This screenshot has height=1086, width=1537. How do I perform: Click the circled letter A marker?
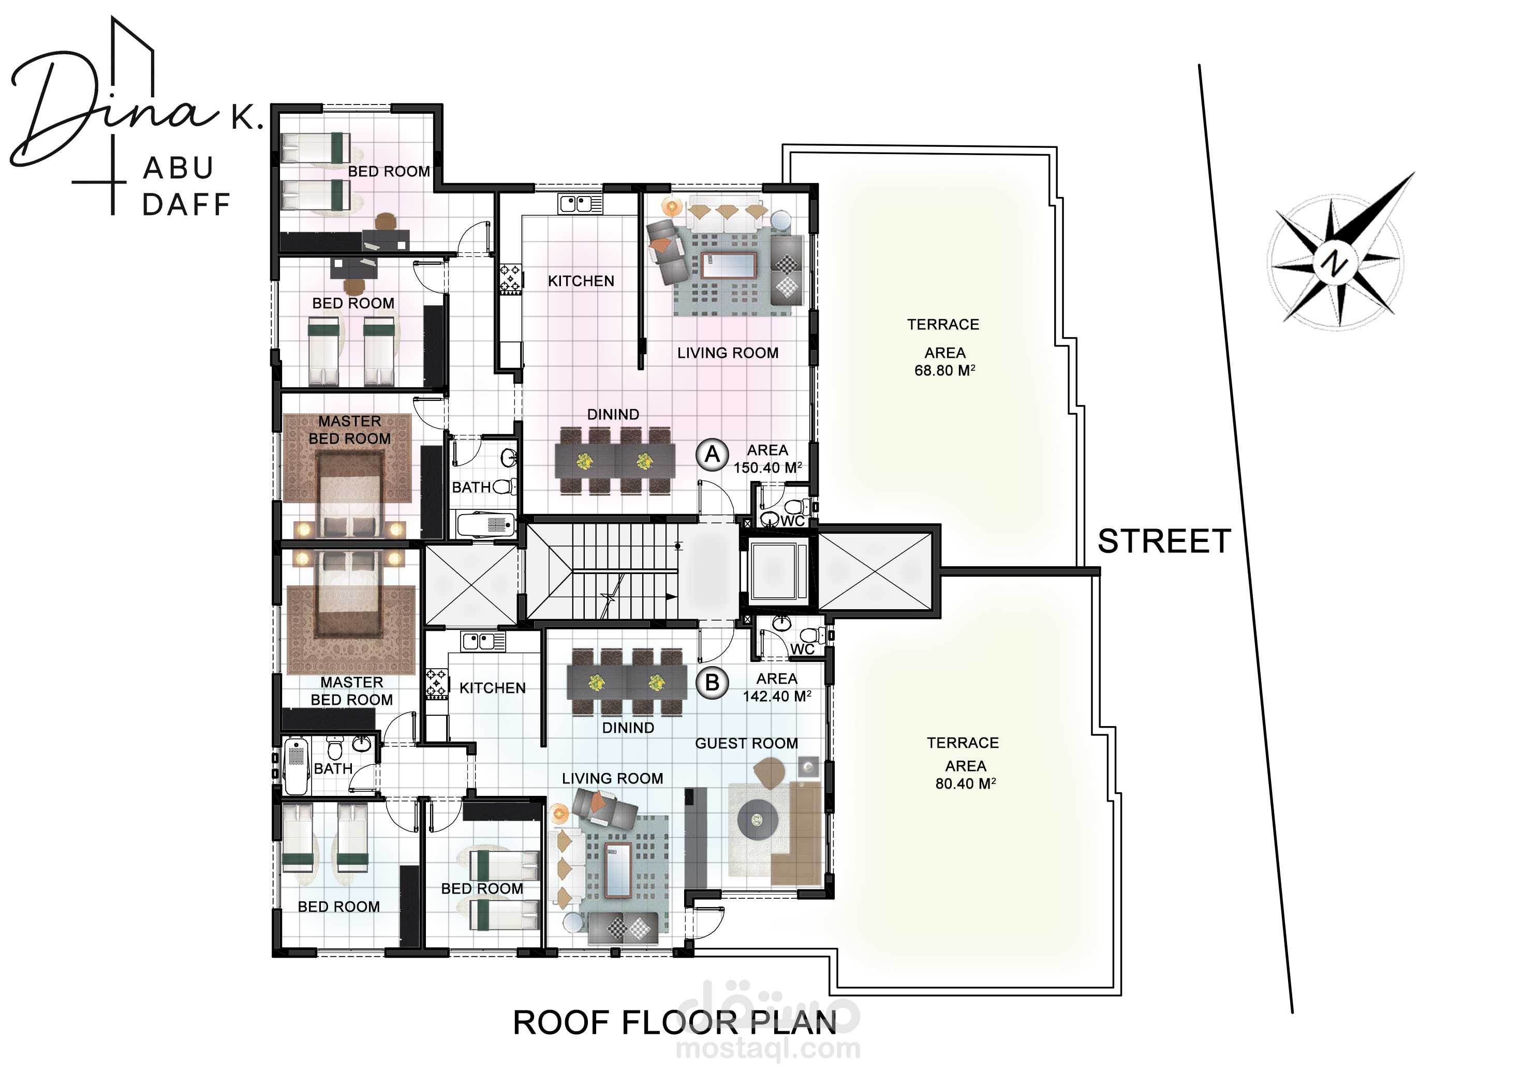712,455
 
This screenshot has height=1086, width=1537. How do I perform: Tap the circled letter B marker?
712,683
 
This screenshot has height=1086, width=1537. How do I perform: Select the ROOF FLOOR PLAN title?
675,1022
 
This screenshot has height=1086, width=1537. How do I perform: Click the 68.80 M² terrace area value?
944,370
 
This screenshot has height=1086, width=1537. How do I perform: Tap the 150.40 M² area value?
768,467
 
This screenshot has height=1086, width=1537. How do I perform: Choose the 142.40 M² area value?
777,696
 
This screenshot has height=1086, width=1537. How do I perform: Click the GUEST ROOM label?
746,744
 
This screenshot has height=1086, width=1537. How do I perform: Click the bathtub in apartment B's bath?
296,765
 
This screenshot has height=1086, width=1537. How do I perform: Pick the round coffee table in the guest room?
757,819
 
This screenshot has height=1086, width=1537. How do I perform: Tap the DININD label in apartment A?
613,414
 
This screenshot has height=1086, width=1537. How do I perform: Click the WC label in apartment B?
803,649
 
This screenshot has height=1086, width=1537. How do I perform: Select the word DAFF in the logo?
187,205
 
